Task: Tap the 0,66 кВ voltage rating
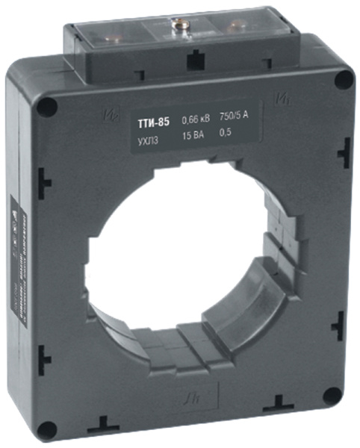[198, 120]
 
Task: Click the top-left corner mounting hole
[46, 107]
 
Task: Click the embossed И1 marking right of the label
[283, 95]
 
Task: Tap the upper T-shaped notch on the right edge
[344, 153]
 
